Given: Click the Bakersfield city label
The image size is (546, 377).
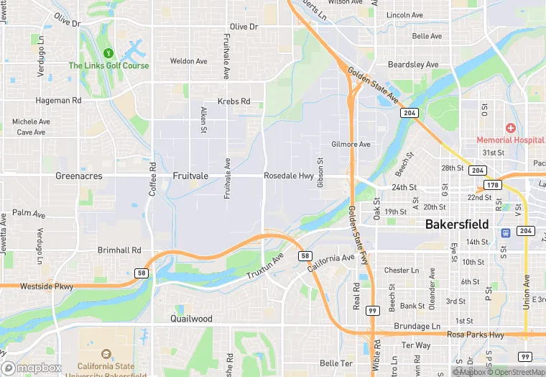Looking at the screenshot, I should point(457,224).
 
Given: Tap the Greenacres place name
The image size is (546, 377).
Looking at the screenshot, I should point(79,176).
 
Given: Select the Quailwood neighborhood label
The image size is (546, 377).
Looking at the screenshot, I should point(191,318).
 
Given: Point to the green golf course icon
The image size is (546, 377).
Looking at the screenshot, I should point(108,53).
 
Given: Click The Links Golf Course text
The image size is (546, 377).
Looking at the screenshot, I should point(108,65).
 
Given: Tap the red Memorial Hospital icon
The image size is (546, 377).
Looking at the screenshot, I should point(510,127).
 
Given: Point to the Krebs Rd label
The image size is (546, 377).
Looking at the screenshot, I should point(234,101).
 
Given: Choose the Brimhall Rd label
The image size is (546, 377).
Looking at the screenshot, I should point(119,250).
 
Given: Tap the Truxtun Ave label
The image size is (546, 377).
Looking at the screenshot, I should point(265,266).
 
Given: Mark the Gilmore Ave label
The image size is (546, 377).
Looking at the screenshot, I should point(351,144).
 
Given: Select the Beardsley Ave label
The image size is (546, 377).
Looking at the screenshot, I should point(413,65).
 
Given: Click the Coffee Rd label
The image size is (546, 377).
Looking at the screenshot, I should point(152,180).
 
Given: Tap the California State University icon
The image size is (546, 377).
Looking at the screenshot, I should point(106,355).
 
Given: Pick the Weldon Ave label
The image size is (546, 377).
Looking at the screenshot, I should point(188,61).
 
